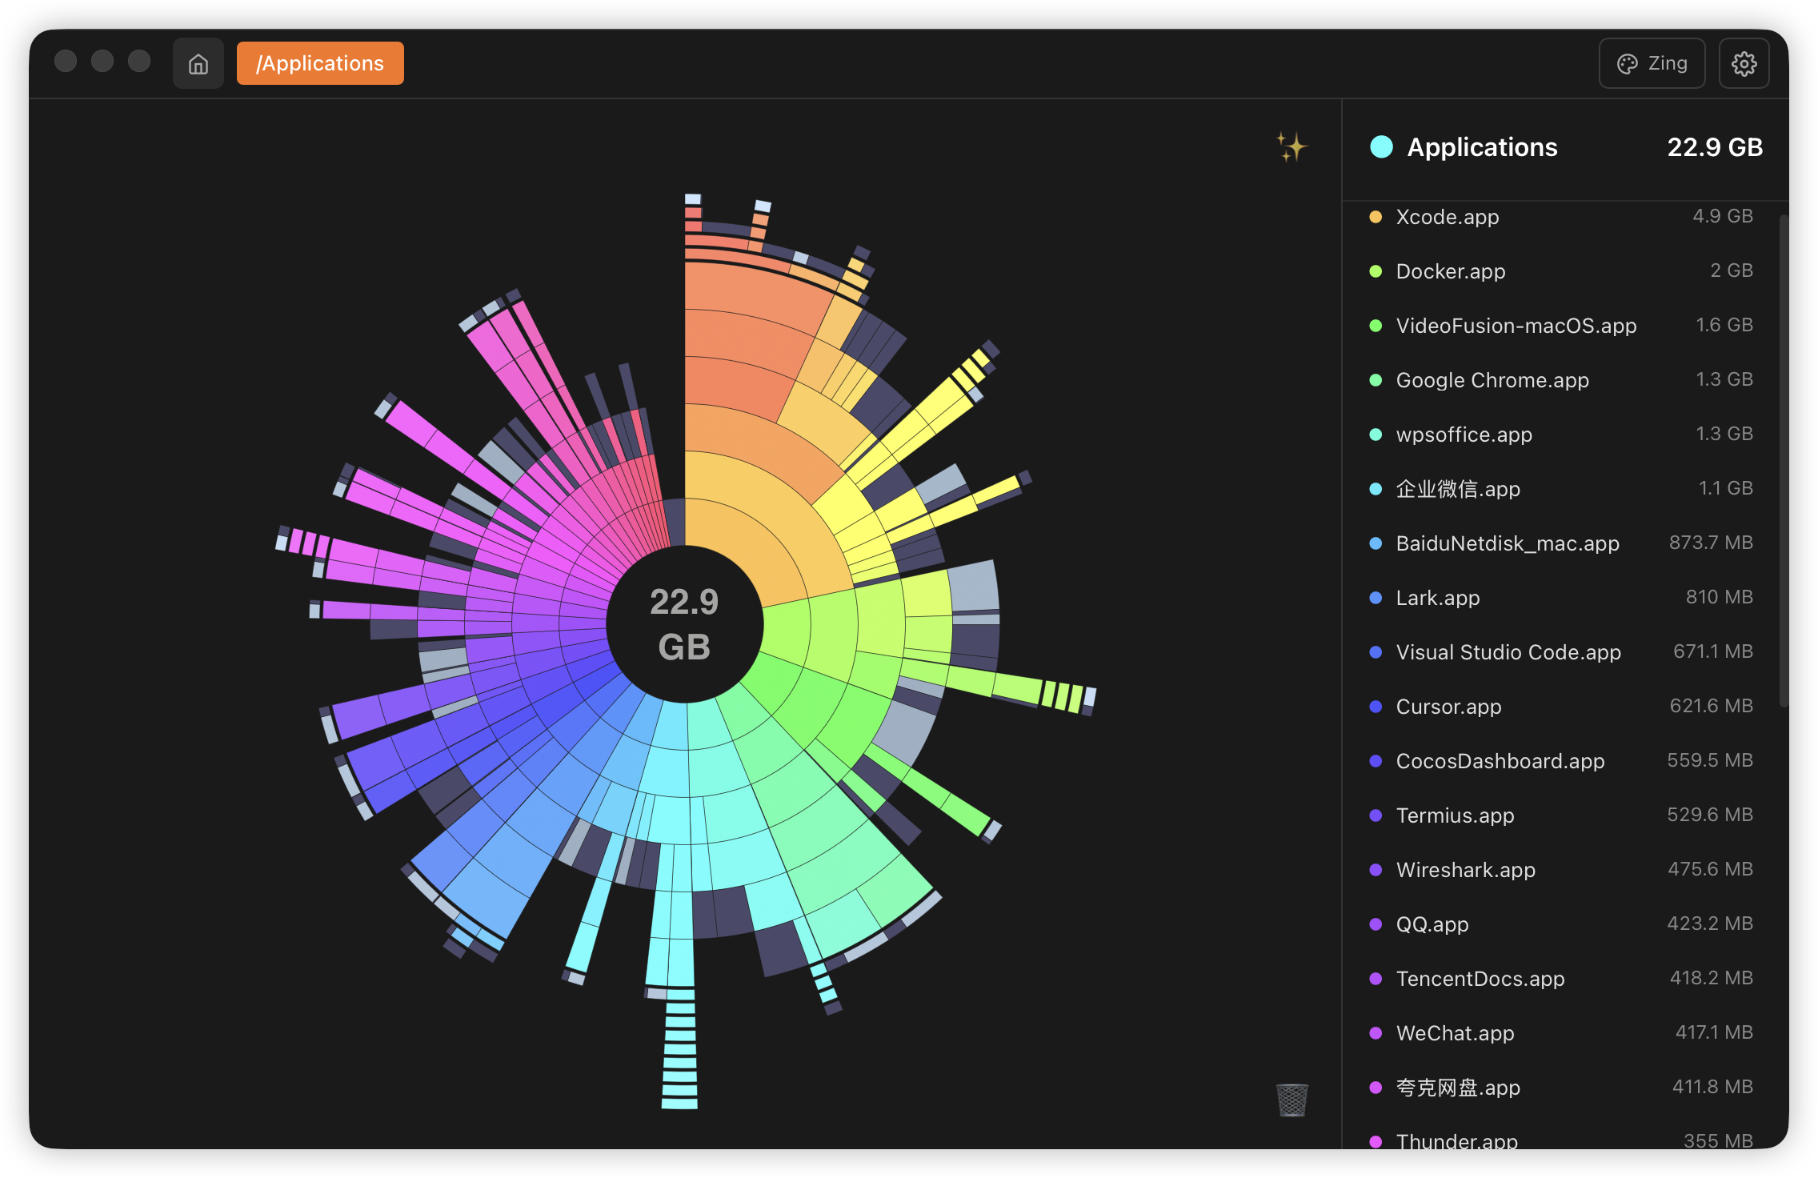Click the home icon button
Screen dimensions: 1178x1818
(198, 63)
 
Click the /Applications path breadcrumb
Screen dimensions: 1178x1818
(320, 63)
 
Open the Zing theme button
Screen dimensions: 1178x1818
(1652, 63)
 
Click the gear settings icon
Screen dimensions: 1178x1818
(1744, 63)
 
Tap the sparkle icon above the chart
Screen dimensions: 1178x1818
(1291, 147)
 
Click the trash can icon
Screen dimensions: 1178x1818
(1291, 1100)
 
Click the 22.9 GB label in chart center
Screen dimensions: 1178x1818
(684, 624)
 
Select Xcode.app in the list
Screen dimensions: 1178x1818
(1447, 217)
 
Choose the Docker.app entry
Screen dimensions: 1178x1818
(1450, 271)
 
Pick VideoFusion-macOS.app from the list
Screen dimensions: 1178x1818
(1516, 326)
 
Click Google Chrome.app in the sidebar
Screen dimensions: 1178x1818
(1492, 380)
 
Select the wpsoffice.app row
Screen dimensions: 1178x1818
(1464, 435)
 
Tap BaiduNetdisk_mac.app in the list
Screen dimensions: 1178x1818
(1507, 543)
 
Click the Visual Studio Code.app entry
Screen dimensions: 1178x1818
(1508, 652)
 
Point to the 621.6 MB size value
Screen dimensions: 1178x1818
(1711, 706)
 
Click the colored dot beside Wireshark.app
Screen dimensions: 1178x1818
(1376, 870)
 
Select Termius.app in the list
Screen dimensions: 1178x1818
(1455, 815)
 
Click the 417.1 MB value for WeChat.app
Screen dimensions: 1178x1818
(1714, 1032)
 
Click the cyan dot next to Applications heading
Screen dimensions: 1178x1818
(1381, 147)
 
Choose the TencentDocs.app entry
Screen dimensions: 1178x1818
(1480, 979)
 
